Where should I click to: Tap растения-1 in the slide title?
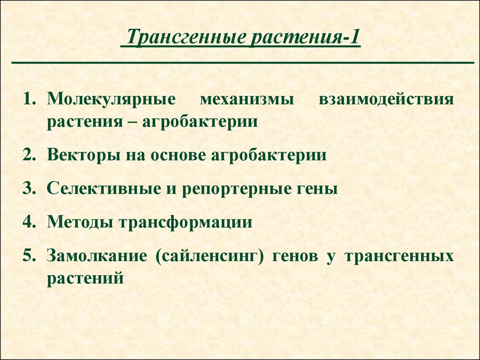pyautogui.click(x=305, y=37)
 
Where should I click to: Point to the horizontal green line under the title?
pyautogui.click(x=243, y=63)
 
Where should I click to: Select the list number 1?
pyautogui.click(x=29, y=99)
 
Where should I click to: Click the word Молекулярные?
pyautogui.click(x=112, y=100)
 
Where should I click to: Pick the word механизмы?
pyautogui.click(x=247, y=100)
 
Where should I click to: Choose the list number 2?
pyautogui.click(x=29, y=155)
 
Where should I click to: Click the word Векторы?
pyautogui.click(x=83, y=155)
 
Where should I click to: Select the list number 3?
pyautogui.click(x=29, y=188)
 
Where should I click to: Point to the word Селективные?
pyautogui.click(x=104, y=188)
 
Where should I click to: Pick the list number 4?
pyautogui.click(x=29, y=221)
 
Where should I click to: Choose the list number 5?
pyautogui.click(x=29, y=255)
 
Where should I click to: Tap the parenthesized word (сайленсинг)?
pyautogui.click(x=210, y=256)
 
